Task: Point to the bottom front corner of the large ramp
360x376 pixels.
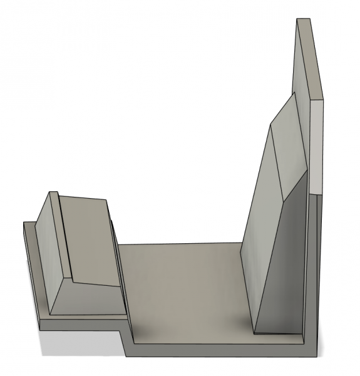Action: point(254,332)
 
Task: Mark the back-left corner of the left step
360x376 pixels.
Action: point(24,222)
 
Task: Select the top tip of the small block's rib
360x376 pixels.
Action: point(55,193)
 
